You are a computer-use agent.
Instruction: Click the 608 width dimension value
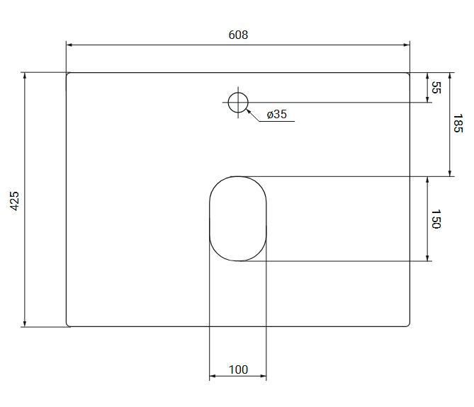(238, 35)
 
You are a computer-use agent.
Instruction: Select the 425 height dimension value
(14, 201)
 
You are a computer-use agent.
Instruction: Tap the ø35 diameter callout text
(276, 114)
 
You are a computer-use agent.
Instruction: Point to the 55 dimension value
(436, 88)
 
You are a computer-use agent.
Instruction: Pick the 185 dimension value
(458, 123)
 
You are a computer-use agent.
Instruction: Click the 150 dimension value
(436, 219)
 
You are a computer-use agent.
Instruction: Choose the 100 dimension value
(238, 369)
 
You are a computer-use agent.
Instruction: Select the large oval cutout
(210, 219)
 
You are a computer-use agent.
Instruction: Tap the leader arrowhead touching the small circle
(249, 111)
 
